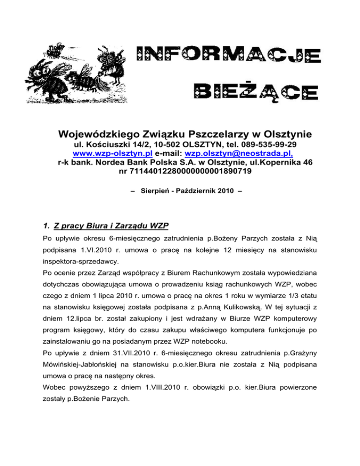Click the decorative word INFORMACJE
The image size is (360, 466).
(x=228, y=56)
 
